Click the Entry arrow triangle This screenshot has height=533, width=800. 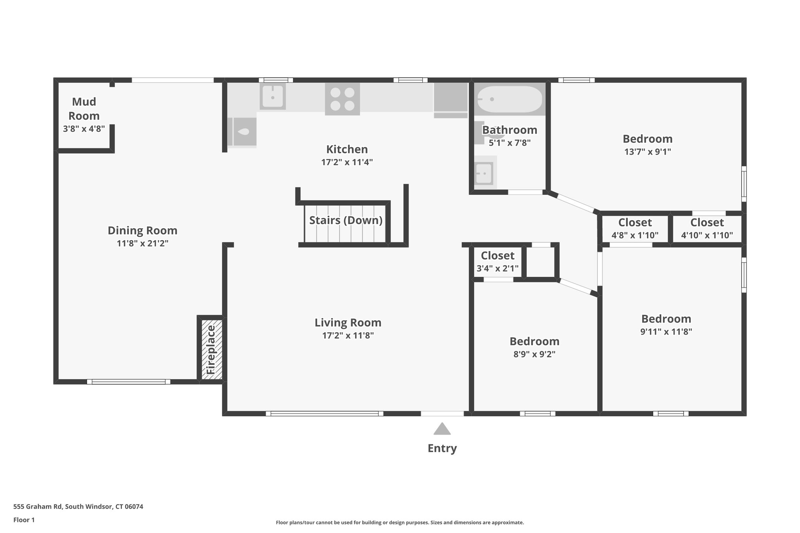[x=442, y=429]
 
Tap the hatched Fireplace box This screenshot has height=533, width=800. [x=211, y=349]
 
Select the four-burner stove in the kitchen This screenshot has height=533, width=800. [x=342, y=99]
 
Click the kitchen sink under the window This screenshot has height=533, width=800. [x=272, y=96]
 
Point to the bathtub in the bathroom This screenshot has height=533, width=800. [x=510, y=99]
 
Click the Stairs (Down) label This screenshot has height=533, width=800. [x=346, y=220]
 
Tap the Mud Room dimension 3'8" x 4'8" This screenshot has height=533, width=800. [x=84, y=128]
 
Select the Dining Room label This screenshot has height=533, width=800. [x=143, y=230]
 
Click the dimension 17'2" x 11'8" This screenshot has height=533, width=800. [x=348, y=335]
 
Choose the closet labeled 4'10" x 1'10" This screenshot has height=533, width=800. [x=707, y=229]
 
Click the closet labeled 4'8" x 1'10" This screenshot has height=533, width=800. [x=635, y=229]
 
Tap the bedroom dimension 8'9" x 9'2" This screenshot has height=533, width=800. [x=534, y=354]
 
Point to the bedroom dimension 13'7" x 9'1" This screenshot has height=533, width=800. [x=648, y=152]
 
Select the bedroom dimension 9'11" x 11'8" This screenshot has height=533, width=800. [x=666, y=332]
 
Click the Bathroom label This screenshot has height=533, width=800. [x=509, y=130]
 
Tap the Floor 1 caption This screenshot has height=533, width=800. [x=24, y=520]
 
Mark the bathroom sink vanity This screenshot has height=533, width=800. [x=484, y=173]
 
